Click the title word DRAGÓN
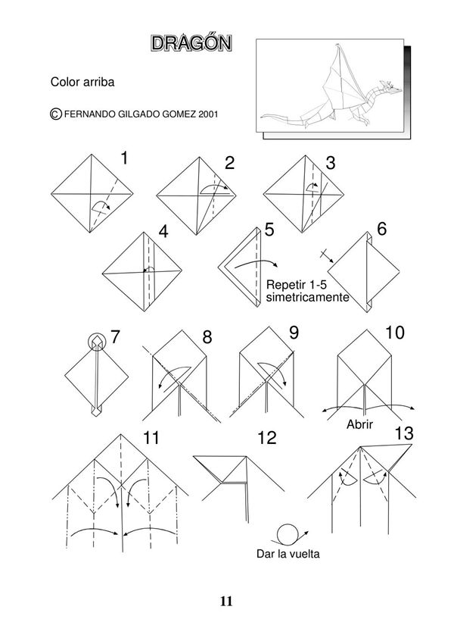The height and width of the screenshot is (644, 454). [x=191, y=43]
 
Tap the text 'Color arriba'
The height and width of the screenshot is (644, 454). [x=82, y=81]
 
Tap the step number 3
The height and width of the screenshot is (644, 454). [x=330, y=162]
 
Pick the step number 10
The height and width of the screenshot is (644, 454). [x=394, y=332]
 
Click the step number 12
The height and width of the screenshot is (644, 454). [x=266, y=438]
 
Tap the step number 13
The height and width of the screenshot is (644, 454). [x=403, y=433]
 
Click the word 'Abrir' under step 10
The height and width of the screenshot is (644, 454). [x=361, y=424]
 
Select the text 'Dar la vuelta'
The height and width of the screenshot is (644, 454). [x=288, y=555]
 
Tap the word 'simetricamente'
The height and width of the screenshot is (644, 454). [x=307, y=298]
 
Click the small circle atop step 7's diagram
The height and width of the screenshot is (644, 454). [x=97, y=342]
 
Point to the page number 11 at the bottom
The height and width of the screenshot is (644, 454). [x=226, y=602]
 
